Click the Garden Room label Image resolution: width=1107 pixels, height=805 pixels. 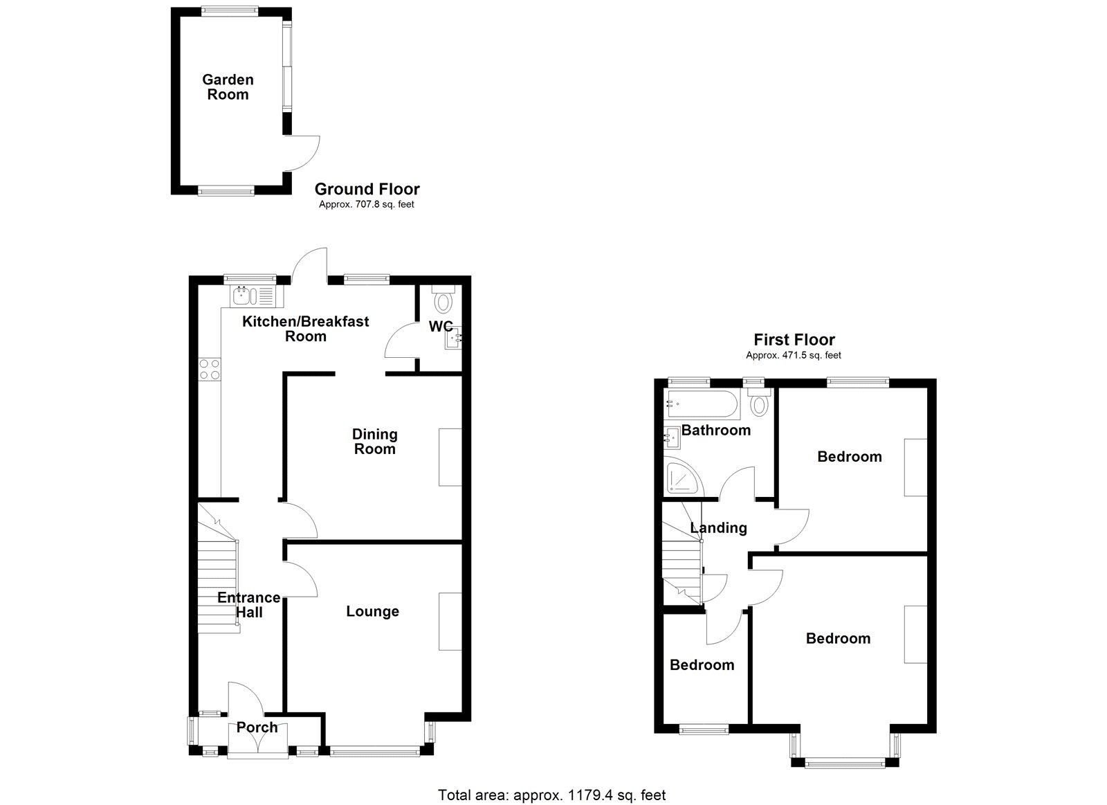tap(228, 87)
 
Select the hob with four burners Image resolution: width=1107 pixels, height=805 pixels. tap(210, 370)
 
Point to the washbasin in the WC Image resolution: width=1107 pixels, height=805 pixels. tap(453, 338)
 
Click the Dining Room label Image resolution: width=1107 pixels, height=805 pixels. tap(374, 442)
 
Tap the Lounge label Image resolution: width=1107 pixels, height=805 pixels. tap(373, 611)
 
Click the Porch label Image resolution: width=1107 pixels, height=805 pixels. tap(257, 727)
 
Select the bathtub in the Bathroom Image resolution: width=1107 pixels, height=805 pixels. tap(702, 404)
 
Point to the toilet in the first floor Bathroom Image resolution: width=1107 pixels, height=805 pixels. tap(759, 401)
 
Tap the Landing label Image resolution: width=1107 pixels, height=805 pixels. tap(719, 528)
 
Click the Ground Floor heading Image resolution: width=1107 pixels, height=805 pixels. tap(367, 189)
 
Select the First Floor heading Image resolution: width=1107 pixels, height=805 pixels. tap(794, 340)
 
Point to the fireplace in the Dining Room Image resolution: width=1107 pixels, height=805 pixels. tap(450, 458)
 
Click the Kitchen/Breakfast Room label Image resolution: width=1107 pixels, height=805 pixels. tap(305, 329)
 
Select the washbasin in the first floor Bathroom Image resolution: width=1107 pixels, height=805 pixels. tap(672, 437)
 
